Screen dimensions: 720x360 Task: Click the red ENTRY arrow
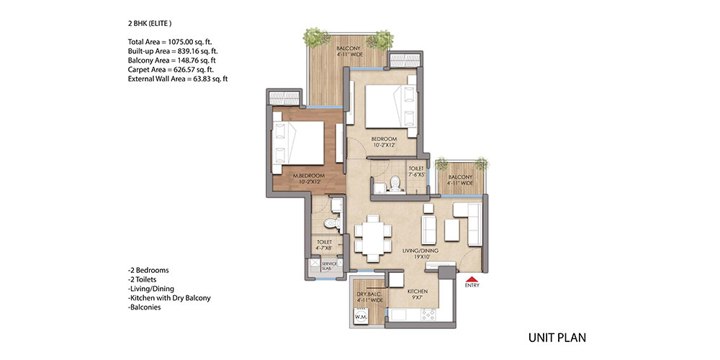(x=472, y=279)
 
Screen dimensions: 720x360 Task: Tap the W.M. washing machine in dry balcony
(x=361, y=316)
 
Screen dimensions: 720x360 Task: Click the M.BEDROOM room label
(x=309, y=176)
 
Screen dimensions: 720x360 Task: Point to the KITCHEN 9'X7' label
(x=418, y=294)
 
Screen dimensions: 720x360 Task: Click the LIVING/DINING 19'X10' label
(x=420, y=254)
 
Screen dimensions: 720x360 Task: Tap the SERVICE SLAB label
(x=329, y=266)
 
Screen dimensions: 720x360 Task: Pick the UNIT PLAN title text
(x=557, y=338)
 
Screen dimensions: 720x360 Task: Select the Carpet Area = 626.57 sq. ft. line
(x=171, y=70)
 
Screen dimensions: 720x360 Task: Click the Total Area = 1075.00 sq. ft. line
(x=170, y=41)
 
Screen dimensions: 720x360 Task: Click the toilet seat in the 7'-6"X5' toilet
(x=395, y=184)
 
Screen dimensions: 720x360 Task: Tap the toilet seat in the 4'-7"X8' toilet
(x=330, y=223)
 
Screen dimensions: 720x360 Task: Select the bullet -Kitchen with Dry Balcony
(x=169, y=298)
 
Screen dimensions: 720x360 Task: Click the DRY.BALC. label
(x=366, y=294)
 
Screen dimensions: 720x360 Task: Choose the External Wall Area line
(x=178, y=79)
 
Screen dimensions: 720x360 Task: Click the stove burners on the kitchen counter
(x=428, y=314)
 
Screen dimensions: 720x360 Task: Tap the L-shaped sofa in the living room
(x=468, y=224)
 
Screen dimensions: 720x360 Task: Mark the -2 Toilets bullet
(x=143, y=279)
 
